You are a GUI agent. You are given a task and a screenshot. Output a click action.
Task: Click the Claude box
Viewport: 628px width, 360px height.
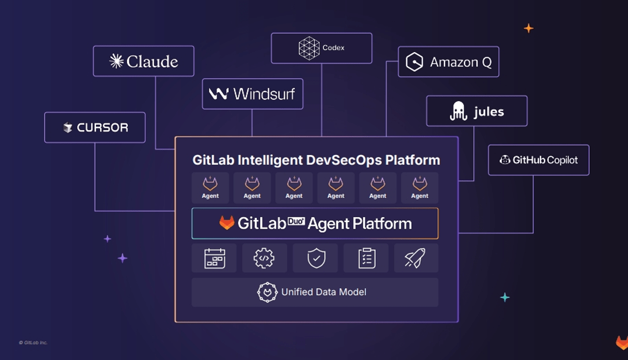pos(144,61)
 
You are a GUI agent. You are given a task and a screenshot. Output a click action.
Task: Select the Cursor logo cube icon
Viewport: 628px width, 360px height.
pos(68,128)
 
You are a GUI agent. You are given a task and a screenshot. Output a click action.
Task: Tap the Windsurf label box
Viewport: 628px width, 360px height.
pos(252,94)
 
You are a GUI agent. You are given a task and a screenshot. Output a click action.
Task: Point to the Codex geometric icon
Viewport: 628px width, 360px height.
pos(309,48)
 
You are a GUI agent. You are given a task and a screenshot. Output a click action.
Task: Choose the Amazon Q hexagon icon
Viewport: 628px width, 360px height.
pos(415,62)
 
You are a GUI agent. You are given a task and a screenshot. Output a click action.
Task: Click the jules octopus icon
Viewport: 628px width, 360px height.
pos(458,111)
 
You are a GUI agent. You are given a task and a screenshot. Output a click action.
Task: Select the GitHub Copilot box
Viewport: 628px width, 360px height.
pos(538,160)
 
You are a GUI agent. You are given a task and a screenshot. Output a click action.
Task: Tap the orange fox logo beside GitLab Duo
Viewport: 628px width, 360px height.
pos(226,223)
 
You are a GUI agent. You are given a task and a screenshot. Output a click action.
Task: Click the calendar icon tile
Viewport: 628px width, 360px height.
pos(214,258)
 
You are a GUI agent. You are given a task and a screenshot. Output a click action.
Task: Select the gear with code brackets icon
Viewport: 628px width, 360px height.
pos(264,258)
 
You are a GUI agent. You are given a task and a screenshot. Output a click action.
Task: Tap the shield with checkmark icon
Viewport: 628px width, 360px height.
pos(315,258)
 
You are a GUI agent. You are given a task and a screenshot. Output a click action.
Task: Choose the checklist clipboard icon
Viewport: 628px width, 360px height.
pos(366,258)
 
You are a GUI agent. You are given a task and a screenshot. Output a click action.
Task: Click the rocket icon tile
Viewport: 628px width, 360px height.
pos(416,258)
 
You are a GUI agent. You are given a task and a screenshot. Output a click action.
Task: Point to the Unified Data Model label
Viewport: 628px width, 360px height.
pos(324,292)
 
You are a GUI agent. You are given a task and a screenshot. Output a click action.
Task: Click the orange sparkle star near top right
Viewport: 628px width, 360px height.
pos(528,28)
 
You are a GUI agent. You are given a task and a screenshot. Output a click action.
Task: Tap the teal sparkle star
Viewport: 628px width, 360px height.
pos(505,297)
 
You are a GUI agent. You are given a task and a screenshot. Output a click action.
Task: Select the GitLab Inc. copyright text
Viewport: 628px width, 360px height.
pos(33,342)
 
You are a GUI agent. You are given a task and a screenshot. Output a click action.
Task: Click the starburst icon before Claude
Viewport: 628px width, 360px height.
pos(116,62)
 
